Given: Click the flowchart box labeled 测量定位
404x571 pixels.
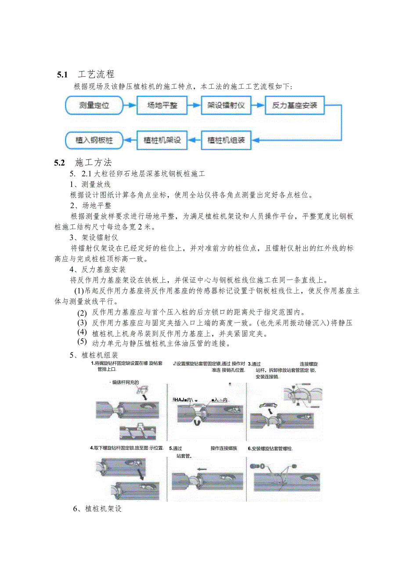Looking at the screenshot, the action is pos(94,105).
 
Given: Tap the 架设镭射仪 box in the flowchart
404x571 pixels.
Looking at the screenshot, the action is pos(226,105).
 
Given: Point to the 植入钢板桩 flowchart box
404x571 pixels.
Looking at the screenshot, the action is pos(94,140).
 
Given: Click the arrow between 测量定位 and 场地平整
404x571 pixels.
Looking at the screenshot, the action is pos(130,105).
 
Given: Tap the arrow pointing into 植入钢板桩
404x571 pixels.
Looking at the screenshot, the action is pos(130,140).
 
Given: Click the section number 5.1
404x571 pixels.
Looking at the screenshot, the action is pos(62,75).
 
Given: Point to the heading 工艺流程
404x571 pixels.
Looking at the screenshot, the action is pos(96,74).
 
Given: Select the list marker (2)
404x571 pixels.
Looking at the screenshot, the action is pos(82,313).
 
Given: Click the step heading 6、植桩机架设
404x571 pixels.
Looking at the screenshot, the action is pos(97,509).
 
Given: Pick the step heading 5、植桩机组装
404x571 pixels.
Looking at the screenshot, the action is pos(94,355).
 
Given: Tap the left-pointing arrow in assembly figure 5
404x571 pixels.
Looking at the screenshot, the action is pos(202,469).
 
